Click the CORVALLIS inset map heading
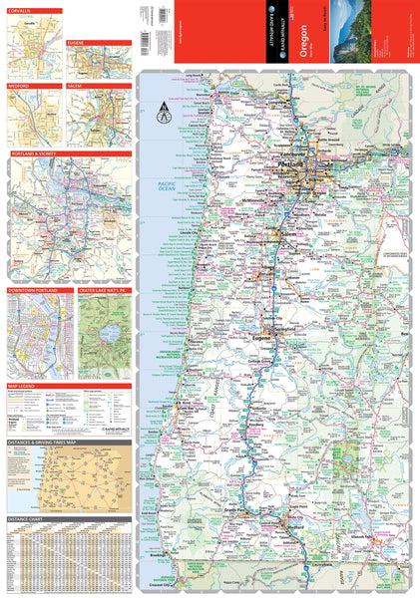(x=22, y=11)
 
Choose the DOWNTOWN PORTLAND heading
(x=34, y=290)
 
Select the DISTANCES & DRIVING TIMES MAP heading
(x=45, y=441)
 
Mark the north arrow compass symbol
(x=163, y=117)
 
